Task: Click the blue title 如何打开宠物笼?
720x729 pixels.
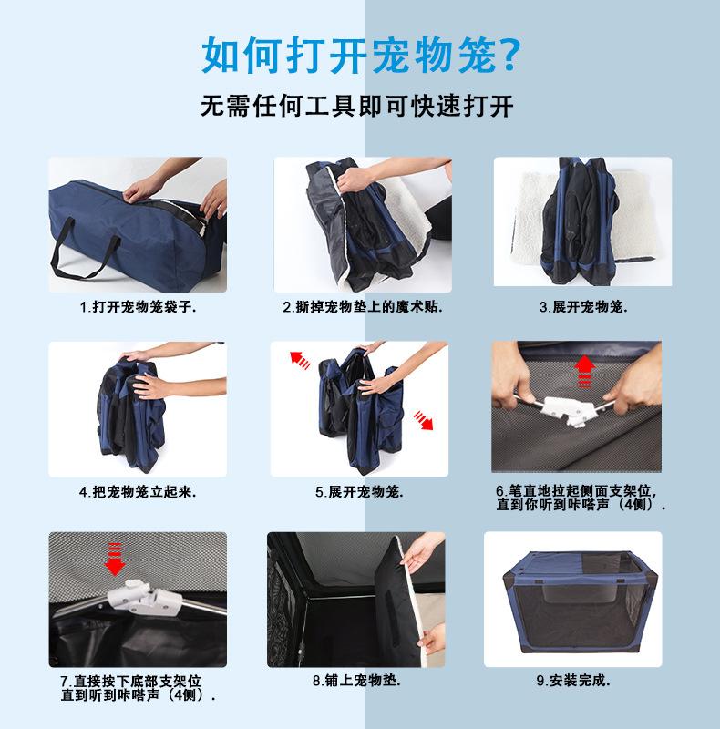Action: point(361,56)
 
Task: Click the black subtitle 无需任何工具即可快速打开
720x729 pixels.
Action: point(357,106)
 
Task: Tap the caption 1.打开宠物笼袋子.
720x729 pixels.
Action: point(139,307)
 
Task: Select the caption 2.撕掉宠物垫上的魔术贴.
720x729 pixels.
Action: point(363,307)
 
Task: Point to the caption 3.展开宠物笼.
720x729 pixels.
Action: point(583,307)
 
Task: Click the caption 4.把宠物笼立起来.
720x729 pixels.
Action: point(138,492)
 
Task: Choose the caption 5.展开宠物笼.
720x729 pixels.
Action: point(359,492)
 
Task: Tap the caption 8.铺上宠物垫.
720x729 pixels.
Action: point(356,681)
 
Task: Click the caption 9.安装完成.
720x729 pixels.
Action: point(573,681)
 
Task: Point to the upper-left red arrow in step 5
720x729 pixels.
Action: point(300,360)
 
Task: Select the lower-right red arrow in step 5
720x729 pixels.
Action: point(423,420)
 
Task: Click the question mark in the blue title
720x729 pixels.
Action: point(509,56)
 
